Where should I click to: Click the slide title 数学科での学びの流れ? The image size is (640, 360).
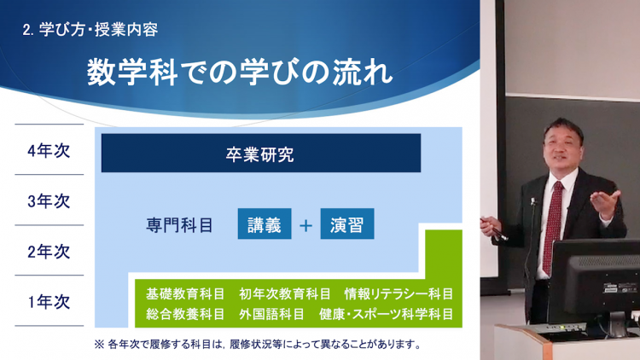[x=240, y=73]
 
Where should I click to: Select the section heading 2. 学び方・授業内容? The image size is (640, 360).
[x=90, y=30]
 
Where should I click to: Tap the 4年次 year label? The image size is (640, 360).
[x=49, y=151]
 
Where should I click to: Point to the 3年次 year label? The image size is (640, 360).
[x=49, y=201]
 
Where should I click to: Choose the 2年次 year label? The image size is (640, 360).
[x=49, y=252]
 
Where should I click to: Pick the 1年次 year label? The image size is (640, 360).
[x=49, y=302]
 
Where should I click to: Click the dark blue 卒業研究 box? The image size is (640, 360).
[x=261, y=153]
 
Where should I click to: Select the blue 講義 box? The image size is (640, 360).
[x=265, y=224]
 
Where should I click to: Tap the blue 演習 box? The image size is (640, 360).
[x=347, y=224]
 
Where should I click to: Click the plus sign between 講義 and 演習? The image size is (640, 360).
[x=305, y=225]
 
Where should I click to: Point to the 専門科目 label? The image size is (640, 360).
[x=179, y=225]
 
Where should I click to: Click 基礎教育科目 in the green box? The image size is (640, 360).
[x=185, y=293]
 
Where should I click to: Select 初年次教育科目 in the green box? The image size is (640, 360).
[x=285, y=293]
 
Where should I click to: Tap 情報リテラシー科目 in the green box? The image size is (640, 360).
[x=399, y=293]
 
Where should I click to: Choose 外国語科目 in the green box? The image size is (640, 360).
[x=272, y=314]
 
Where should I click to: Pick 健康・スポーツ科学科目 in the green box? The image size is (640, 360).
[x=386, y=314]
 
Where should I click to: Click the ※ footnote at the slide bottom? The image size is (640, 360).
[x=258, y=344]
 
